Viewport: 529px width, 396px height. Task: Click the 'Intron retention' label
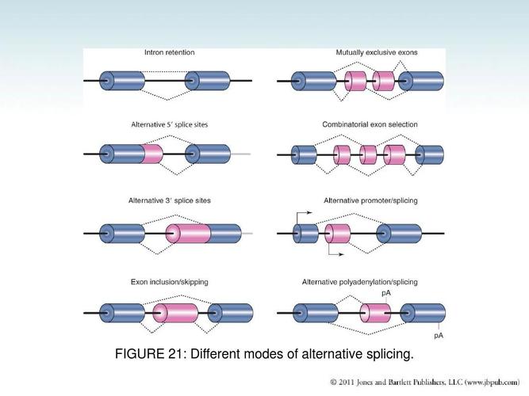tap(169, 53)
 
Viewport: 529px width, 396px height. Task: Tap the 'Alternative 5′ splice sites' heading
tap(170, 125)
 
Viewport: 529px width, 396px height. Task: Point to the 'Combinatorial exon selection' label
tap(370, 125)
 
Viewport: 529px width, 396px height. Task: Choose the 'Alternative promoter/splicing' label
tap(370, 201)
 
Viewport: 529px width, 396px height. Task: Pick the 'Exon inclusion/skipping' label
tap(169, 282)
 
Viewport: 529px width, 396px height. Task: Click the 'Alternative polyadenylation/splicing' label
tap(370, 282)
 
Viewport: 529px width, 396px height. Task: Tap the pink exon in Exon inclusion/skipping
tap(176, 312)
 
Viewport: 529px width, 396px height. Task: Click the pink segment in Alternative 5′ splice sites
tap(153, 154)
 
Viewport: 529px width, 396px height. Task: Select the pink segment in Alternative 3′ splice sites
tap(189, 234)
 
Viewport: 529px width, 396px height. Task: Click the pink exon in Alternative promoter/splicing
tap(339, 234)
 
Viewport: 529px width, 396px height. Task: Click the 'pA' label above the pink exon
tap(386, 293)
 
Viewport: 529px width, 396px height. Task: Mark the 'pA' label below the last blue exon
tap(438, 335)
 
